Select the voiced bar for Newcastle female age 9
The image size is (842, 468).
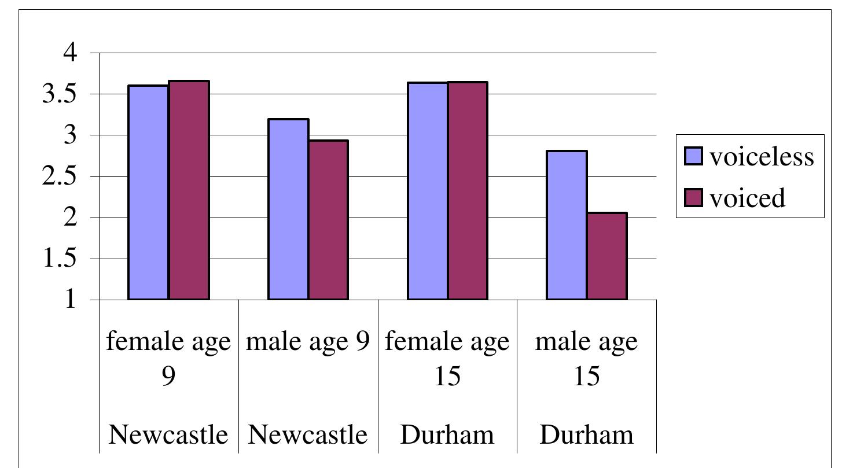coord(189,190)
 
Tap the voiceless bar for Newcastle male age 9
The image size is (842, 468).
coord(288,209)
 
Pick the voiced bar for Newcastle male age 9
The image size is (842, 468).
coord(328,220)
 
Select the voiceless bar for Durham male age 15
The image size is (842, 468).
coord(567,226)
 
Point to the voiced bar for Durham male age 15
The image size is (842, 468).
coord(607,256)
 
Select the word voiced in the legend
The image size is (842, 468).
coord(747,198)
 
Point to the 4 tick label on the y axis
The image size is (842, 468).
coord(70,53)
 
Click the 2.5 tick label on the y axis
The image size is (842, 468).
coord(60,176)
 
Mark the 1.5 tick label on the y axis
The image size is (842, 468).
coord(60,259)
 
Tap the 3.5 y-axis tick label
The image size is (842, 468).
coord(60,94)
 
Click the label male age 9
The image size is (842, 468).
coord(308,341)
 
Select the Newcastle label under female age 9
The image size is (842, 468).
coord(168,434)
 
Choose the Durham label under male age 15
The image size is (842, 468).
coord(586,434)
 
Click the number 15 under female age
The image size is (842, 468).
coord(447,377)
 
